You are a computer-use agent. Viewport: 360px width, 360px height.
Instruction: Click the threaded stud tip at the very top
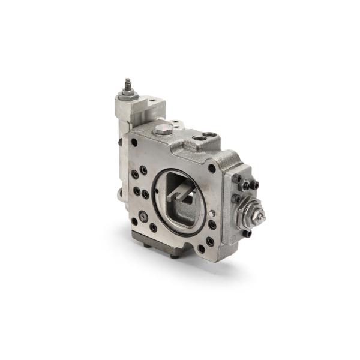point(127,81)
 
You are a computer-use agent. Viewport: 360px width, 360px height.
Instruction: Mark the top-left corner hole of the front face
point(134,143)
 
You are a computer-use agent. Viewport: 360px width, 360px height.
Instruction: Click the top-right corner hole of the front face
point(212,169)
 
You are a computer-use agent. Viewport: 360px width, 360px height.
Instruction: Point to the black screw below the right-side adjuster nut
point(247,234)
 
